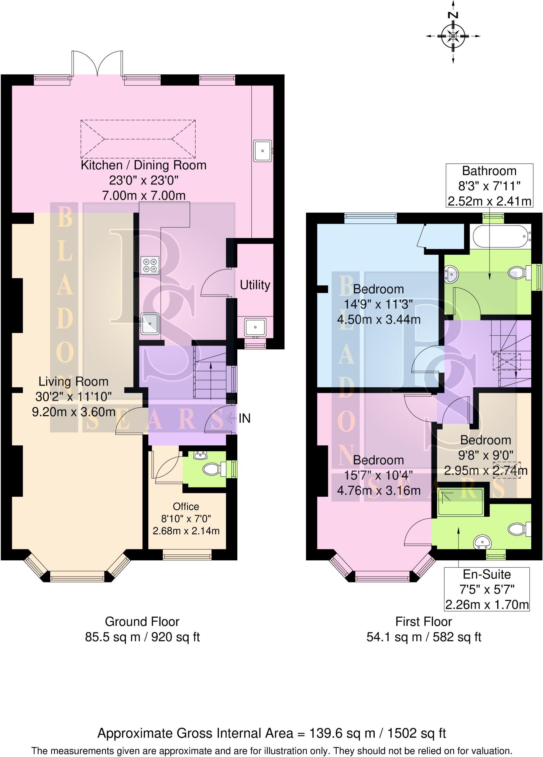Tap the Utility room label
tap(255, 285)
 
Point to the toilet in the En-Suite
tap(518, 529)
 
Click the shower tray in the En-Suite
tap(460, 502)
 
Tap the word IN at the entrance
tap(244, 418)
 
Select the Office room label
tap(186, 506)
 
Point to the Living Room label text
tap(73, 381)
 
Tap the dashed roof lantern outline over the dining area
tap(138, 139)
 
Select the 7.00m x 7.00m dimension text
tap(144, 196)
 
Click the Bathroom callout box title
tap(489, 171)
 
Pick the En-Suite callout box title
tap(487, 574)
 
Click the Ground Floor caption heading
tap(142, 622)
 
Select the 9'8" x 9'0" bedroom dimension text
tap(485, 455)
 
